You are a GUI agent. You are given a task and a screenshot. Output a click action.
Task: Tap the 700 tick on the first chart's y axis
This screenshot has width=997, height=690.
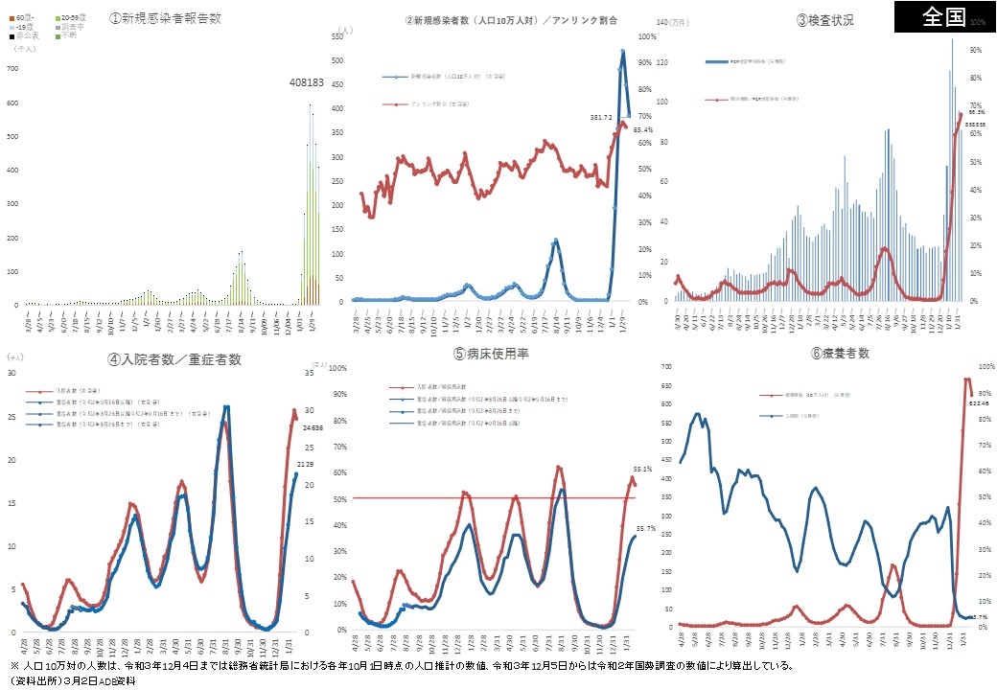[12, 69]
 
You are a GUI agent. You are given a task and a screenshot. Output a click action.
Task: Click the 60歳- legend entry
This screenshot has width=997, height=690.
[22, 17]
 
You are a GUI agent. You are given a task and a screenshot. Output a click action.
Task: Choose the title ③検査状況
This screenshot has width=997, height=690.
[824, 19]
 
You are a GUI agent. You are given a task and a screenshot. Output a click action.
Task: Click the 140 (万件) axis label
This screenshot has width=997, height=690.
[667, 20]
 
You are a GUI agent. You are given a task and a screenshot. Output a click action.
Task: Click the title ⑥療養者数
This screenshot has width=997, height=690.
[839, 353]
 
